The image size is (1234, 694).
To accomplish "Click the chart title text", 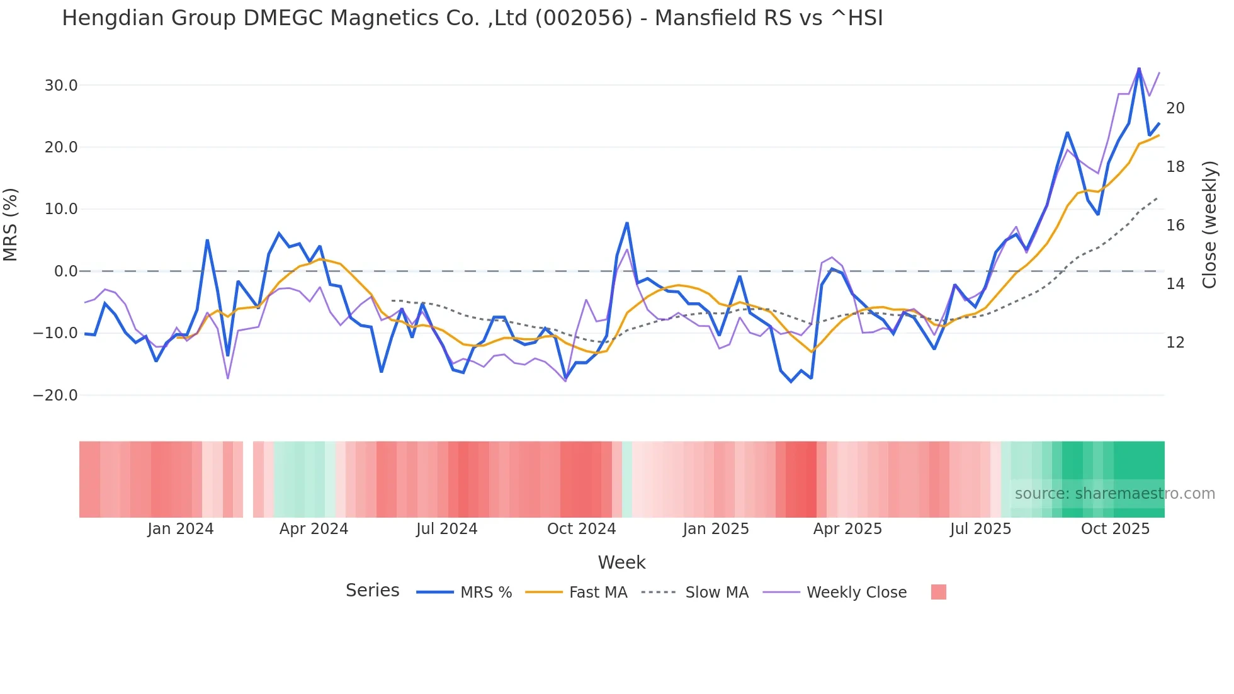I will tap(472, 18).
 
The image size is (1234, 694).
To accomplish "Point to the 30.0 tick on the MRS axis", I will tap(61, 86).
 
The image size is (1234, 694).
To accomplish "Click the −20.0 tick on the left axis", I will tap(56, 395).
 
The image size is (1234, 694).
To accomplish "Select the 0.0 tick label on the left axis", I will tap(65, 271).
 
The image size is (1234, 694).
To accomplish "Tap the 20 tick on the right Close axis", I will tap(1175, 108).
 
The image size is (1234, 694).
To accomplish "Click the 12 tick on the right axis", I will tap(1175, 343).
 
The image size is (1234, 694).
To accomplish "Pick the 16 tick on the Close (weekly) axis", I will tap(1175, 225).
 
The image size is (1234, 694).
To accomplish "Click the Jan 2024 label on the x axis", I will tap(181, 529).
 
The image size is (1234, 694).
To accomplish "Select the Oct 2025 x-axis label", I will tap(1115, 529).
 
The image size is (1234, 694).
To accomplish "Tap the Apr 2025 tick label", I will tap(847, 529).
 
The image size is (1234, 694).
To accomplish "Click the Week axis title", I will tap(621, 562).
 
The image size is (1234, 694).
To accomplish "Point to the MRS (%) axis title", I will tap(11, 225).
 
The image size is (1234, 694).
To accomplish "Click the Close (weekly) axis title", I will tap(1209, 225).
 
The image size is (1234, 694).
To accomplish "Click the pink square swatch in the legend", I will tap(938, 592).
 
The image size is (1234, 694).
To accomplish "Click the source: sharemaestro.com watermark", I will tap(1114, 494).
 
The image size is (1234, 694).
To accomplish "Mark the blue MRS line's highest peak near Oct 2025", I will tap(1139, 68).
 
